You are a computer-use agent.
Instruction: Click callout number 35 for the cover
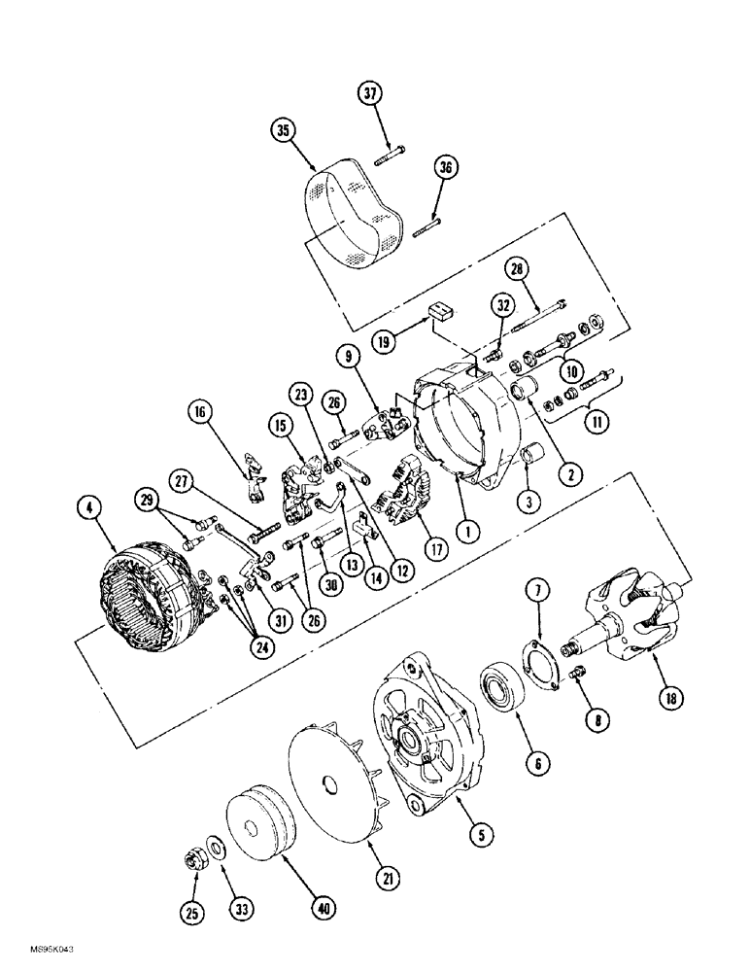point(283,132)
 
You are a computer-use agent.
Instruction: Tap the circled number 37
point(370,95)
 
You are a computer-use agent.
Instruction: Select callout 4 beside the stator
point(89,505)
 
